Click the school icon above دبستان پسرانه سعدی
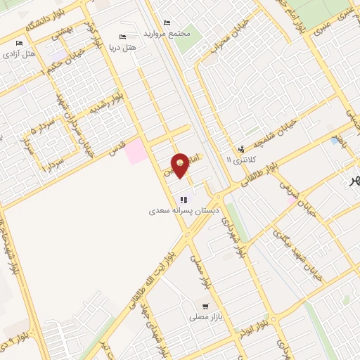tap(184, 200)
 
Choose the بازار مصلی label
tap(204, 318)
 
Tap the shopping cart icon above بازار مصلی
tap(205, 307)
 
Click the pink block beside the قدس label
tap(137, 152)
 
